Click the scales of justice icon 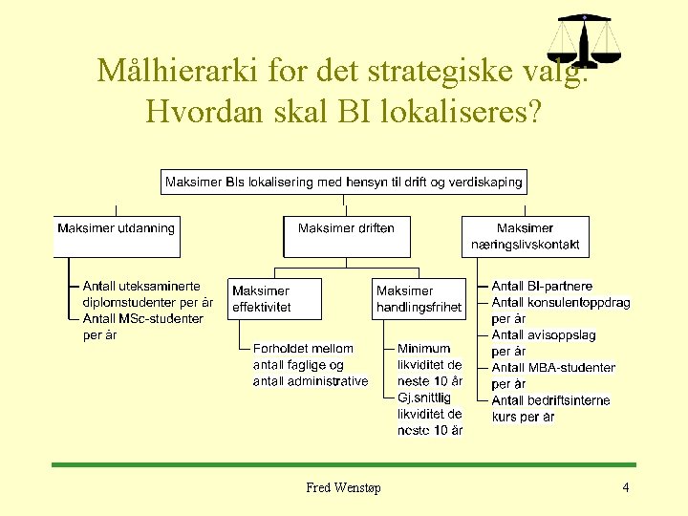pyautogui.click(x=583, y=42)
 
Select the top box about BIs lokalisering pyautogui.click(x=344, y=182)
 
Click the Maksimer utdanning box pyautogui.click(x=117, y=235)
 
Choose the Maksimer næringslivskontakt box pyautogui.click(x=525, y=236)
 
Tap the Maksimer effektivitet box pyautogui.click(x=275, y=299)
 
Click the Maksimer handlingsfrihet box pyautogui.click(x=419, y=299)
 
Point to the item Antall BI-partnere pyautogui.click(x=542, y=286)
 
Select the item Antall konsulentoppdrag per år pyautogui.click(x=560, y=311)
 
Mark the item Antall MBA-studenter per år pyautogui.click(x=553, y=376)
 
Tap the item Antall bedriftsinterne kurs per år pyautogui.click(x=550, y=409)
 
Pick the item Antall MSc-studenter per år pyautogui.click(x=142, y=327)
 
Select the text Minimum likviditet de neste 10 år pyautogui.click(x=430, y=365)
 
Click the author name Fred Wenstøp pyautogui.click(x=343, y=488)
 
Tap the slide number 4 pyautogui.click(x=625, y=488)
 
